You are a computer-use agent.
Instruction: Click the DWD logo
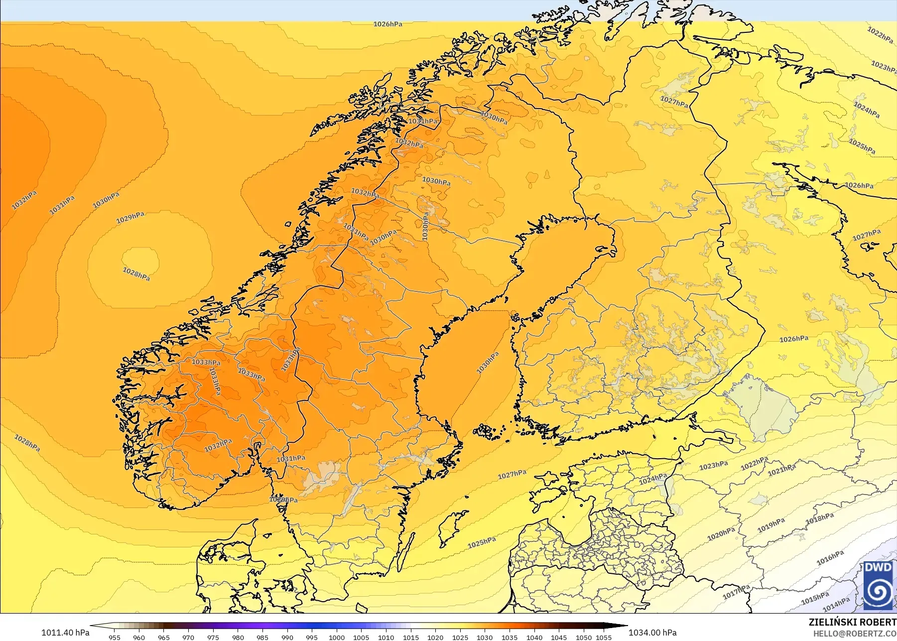(879, 586)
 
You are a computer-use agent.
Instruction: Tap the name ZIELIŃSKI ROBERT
(852, 622)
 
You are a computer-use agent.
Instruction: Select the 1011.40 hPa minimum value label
(65, 633)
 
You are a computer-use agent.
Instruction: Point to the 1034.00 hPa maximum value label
(652, 633)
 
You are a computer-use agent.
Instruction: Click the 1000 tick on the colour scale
(337, 637)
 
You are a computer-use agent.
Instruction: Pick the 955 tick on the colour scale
(115, 637)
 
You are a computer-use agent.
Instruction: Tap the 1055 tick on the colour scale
(604, 637)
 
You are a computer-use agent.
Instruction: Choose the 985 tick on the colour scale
(262, 637)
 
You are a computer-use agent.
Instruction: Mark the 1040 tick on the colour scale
(534, 637)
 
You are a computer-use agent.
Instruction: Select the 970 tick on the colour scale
(188, 637)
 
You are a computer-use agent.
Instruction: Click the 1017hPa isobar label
(736, 592)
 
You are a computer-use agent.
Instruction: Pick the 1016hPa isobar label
(830, 558)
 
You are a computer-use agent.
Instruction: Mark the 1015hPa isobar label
(815, 598)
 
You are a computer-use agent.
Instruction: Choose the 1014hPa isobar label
(836, 605)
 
